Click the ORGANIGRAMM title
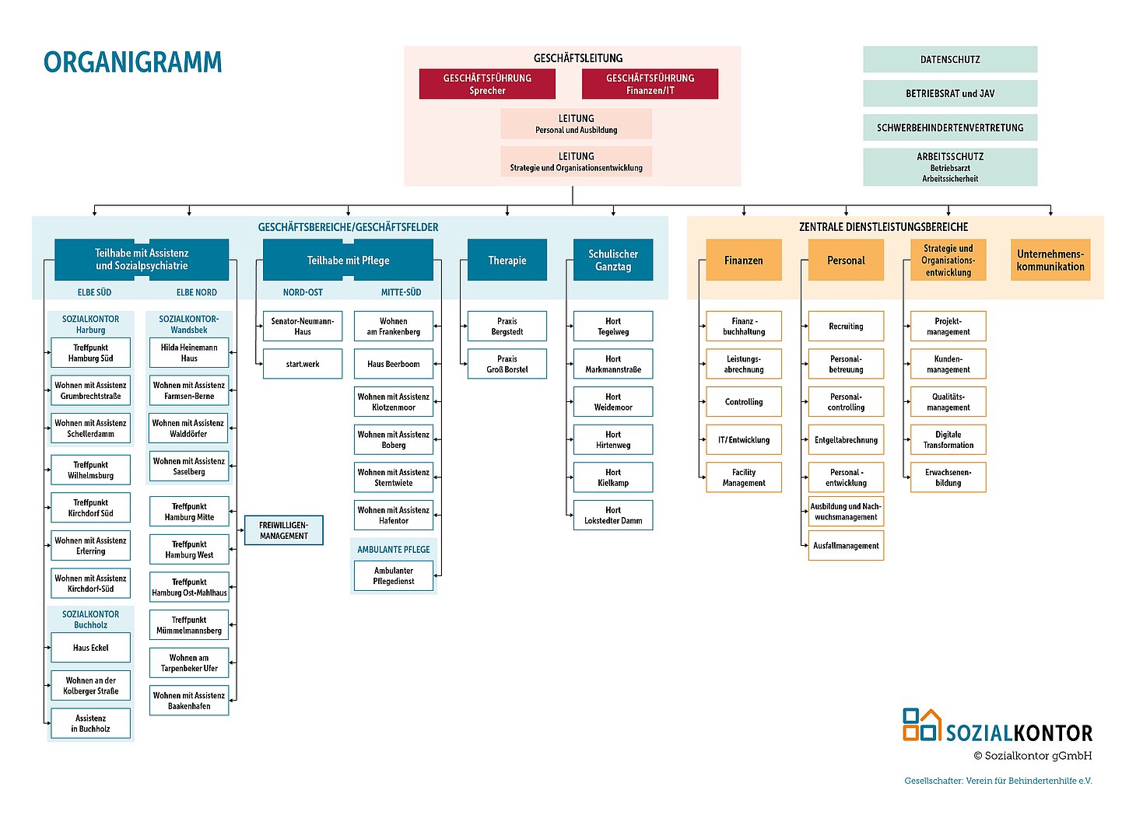coord(132,62)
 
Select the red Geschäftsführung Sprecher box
coord(487,84)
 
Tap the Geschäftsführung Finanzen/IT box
coord(650,84)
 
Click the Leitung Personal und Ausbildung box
coord(576,124)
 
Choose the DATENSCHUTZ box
coord(950,59)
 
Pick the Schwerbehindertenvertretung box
coord(950,128)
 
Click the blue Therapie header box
coord(507,260)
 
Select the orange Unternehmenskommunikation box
coord(1050,260)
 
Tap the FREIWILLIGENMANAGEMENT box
coord(284,530)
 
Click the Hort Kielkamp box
coord(613,477)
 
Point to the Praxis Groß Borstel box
coord(507,364)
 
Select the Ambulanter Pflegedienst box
coord(394,576)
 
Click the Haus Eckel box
coord(91,648)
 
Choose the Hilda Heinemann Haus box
coord(189,353)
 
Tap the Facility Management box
coord(744,477)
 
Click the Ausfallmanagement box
coord(846,546)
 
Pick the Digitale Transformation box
coord(948,440)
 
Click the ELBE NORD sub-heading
coord(196,292)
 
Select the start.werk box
coord(303,364)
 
